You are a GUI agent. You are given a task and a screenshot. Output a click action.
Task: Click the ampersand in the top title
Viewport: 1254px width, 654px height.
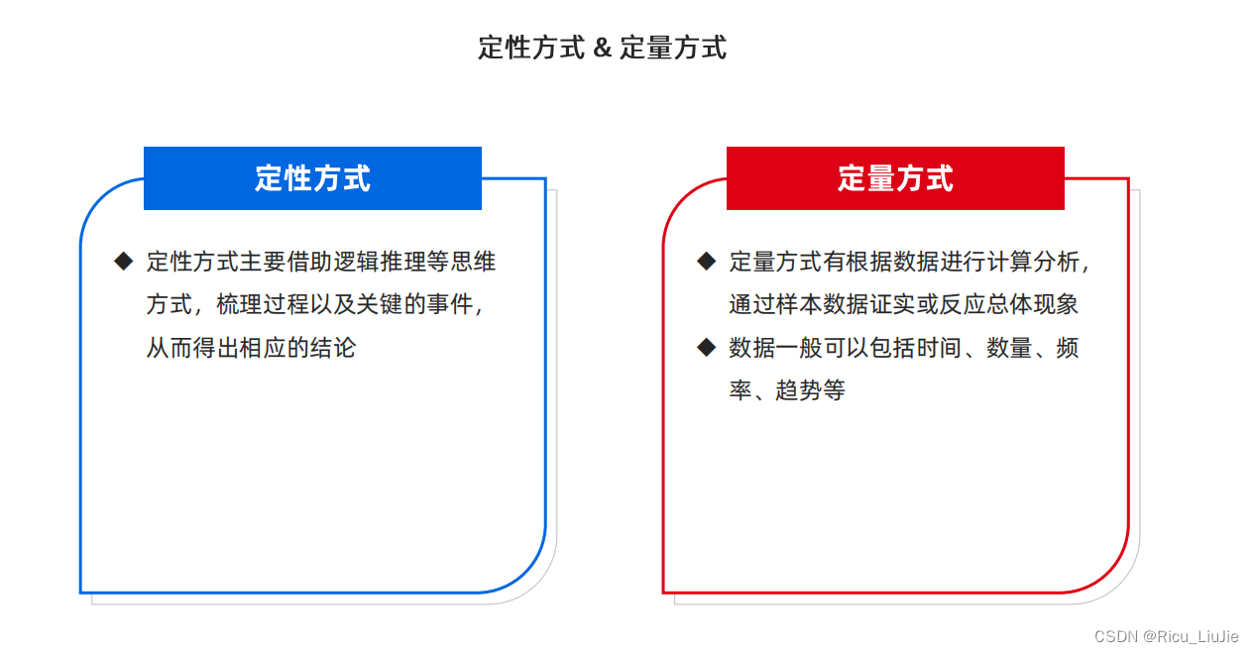(x=602, y=48)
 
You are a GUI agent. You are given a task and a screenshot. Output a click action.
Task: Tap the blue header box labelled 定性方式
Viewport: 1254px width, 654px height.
(x=312, y=178)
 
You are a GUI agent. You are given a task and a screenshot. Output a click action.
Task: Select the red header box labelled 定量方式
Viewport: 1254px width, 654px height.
(x=895, y=178)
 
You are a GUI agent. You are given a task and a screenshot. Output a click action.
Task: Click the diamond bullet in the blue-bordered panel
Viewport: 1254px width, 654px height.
(x=123, y=262)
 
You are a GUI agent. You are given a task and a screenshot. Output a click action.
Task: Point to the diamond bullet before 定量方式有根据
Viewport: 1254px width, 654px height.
(x=706, y=262)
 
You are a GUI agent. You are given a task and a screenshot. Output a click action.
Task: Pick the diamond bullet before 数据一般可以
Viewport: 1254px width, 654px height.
(x=706, y=347)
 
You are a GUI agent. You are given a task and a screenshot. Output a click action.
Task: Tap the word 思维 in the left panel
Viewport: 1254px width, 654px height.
(x=474, y=262)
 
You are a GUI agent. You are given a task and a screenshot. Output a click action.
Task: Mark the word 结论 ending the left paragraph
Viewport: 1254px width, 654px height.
(x=332, y=348)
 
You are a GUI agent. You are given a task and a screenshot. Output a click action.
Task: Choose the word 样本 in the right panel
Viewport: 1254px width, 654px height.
(x=799, y=304)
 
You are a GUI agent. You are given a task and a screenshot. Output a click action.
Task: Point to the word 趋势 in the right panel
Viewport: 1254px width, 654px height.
(x=799, y=390)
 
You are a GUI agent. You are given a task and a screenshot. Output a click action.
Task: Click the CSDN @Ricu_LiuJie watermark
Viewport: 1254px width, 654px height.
(x=1166, y=636)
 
